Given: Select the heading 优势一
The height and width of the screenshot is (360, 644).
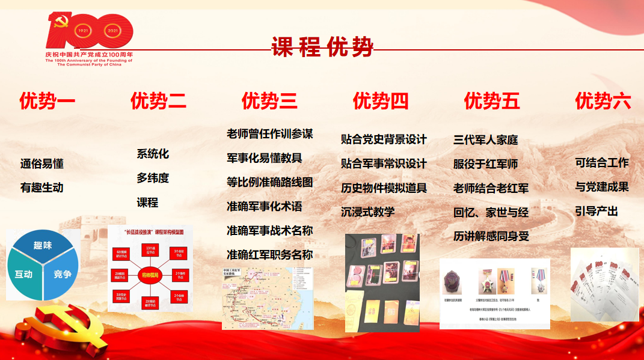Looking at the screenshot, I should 47,101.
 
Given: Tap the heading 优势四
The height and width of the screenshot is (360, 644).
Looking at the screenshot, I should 381,101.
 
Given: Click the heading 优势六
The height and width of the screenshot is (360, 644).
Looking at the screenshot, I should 603,101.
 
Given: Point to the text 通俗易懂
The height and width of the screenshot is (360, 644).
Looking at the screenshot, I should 42,163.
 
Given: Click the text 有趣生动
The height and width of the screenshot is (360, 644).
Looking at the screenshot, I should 42,188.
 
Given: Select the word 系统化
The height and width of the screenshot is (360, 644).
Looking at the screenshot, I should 153,154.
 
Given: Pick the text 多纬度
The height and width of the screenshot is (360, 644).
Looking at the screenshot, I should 153,178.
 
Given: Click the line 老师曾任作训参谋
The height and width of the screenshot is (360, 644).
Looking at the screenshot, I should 269,133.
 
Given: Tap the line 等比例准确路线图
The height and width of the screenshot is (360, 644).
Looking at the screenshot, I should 269,182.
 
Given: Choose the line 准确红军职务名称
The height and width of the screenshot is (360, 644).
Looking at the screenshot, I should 269,254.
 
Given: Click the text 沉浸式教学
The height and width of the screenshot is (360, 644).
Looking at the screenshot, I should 368,212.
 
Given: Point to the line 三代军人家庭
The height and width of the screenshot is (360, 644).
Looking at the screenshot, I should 485,140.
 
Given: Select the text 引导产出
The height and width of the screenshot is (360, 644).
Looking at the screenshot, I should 596,212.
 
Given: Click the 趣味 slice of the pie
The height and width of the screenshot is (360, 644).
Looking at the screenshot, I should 43,246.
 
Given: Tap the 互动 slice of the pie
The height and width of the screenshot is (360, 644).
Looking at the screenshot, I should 24,275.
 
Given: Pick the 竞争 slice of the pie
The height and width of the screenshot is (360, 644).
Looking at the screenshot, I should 62,275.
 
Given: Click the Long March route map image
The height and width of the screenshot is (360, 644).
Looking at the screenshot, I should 268,298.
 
